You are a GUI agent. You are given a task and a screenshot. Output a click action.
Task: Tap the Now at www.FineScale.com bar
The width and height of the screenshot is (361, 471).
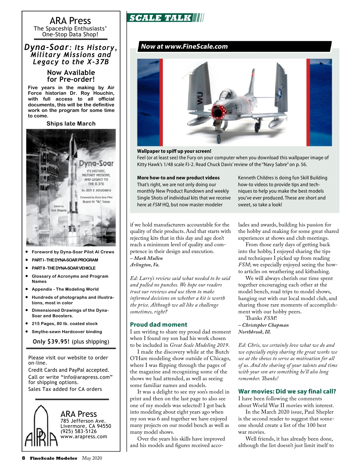point(184,46)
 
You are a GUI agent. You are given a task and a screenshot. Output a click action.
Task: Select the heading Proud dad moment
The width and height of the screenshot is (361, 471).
point(158,324)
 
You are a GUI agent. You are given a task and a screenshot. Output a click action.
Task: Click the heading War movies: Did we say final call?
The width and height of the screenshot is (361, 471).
point(287,391)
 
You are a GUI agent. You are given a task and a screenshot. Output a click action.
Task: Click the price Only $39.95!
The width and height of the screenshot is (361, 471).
point(51,342)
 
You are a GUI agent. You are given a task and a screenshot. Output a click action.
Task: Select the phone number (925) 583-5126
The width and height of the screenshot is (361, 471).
point(78,431)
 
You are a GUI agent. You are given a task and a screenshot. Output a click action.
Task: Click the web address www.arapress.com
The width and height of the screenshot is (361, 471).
point(84,437)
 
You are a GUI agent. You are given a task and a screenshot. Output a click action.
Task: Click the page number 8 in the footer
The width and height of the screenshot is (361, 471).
point(23,458)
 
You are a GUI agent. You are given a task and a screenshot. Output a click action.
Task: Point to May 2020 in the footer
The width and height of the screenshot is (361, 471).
point(92,458)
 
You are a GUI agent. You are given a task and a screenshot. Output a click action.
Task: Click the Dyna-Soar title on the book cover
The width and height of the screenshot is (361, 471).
point(96,163)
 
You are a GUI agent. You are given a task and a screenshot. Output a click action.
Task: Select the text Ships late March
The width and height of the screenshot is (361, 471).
point(71,124)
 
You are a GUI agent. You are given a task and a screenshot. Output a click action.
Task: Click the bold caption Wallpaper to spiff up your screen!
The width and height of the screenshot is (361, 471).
point(174,151)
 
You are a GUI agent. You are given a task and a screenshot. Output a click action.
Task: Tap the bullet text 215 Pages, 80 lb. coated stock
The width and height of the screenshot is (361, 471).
point(64,323)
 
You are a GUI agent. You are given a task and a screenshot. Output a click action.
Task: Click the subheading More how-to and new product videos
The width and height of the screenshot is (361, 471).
point(178,178)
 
